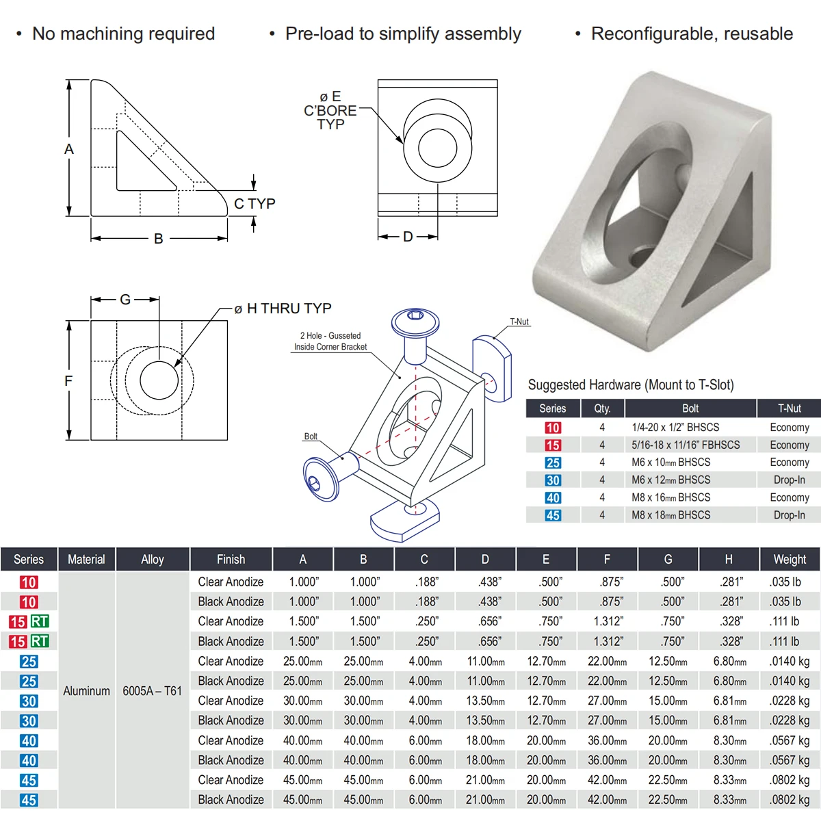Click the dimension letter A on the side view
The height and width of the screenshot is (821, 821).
[69, 149]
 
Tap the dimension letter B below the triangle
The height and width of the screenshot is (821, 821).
[159, 239]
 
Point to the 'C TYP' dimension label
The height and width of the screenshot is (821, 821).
[255, 204]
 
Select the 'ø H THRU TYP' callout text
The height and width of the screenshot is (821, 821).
[283, 308]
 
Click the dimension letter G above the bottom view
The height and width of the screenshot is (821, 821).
[125, 300]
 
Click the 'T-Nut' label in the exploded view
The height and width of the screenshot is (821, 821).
[519, 322]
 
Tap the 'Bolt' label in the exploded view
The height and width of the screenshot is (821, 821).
[311, 436]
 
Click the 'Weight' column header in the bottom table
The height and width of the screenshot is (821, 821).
[790, 559]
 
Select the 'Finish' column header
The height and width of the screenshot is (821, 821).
[231, 559]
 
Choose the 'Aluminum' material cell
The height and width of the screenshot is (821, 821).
[86, 690]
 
